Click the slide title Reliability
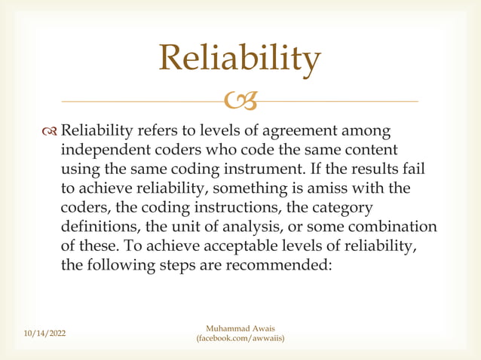tap(240, 59)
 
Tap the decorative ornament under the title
tap(240, 100)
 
